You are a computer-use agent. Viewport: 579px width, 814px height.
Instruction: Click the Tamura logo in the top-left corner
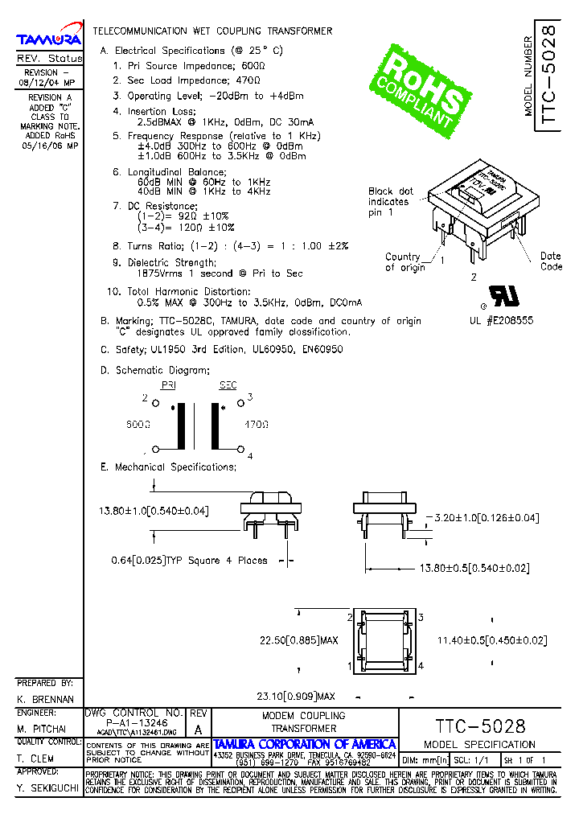click(x=49, y=38)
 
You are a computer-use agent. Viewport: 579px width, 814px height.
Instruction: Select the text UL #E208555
click(x=501, y=320)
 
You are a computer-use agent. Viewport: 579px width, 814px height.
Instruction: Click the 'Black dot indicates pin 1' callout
click(x=391, y=202)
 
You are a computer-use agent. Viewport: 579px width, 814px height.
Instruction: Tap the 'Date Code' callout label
click(x=551, y=261)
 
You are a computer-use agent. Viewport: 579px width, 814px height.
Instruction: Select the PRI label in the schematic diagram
click(x=169, y=385)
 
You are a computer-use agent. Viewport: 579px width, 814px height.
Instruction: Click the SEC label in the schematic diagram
click(x=228, y=385)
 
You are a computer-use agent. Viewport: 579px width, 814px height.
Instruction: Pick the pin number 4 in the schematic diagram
click(x=250, y=456)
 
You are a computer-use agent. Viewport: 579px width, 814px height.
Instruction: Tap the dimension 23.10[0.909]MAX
click(x=295, y=696)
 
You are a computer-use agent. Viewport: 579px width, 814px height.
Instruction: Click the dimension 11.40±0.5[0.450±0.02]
click(x=491, y=640)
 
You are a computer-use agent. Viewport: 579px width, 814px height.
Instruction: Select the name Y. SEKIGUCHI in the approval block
click(x=47, y=790)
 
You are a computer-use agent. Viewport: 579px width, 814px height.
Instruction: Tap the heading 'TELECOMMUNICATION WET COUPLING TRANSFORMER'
click(x=212, y=31)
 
